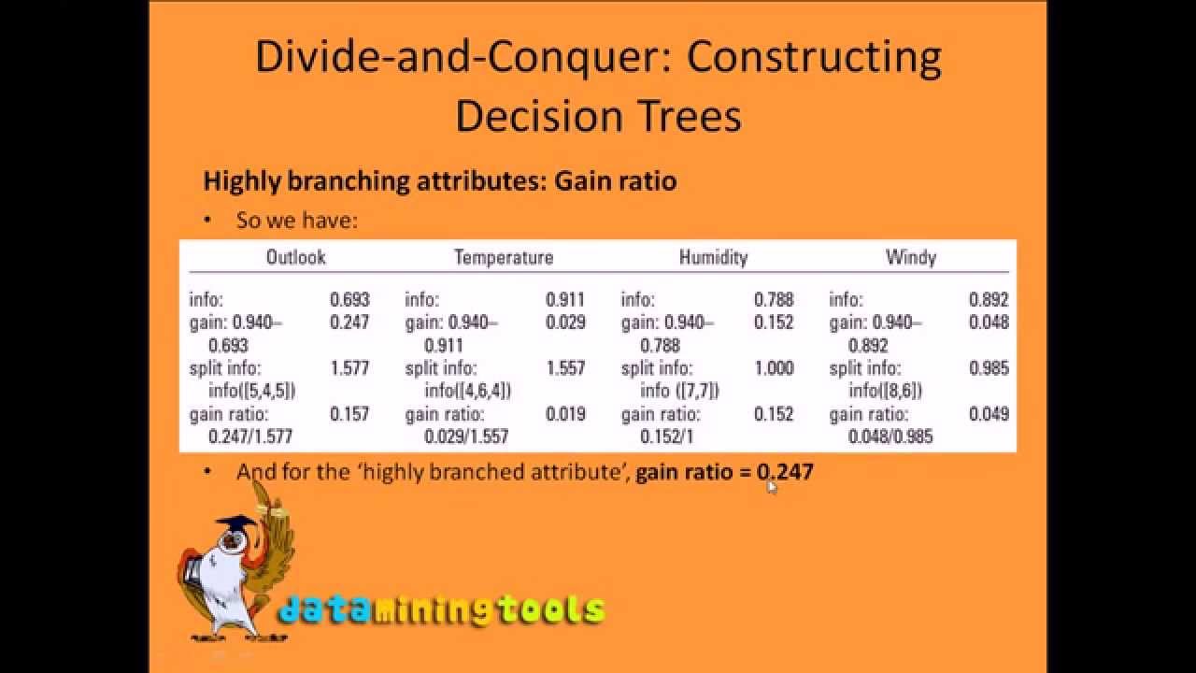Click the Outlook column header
(x=296, y=257)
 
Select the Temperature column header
(x=504, y=257)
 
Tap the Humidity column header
(x=713, y=257)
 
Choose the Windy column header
(x=910, y=257)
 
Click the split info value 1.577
(x=349, y=368)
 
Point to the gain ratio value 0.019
(x=565, y=414)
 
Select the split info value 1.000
(x=774, y=368)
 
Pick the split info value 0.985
(x=989, y=368)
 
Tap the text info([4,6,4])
(x=468, y=391)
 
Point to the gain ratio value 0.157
(x=349, y=414)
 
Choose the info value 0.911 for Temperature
(x=565, y=300)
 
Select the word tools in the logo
(x=550, y=610)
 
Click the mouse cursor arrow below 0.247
(x=772, y=486)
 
